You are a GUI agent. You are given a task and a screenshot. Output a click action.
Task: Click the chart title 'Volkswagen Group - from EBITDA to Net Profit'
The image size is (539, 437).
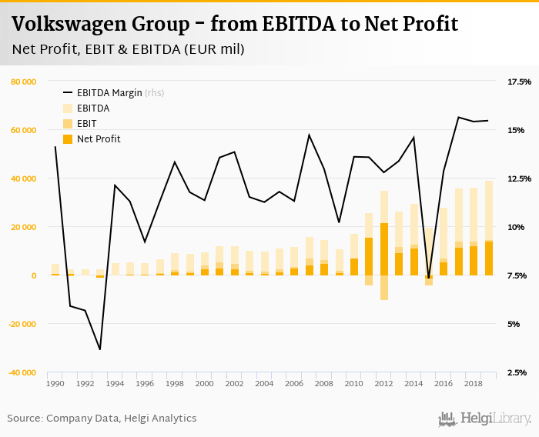pos(235,25)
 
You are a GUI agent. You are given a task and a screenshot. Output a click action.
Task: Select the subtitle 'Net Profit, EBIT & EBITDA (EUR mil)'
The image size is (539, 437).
pos(128,50)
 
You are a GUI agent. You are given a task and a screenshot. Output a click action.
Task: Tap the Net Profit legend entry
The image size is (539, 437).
pos(98,139)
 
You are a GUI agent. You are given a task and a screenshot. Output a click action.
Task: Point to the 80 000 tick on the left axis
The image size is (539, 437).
pos(24,82)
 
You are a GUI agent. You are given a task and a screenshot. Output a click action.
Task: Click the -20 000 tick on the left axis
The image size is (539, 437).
pos(22,324)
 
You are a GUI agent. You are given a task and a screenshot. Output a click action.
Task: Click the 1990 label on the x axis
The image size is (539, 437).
pos(55,383)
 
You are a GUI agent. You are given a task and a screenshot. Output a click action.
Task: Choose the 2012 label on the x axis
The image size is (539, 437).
pos(384,383)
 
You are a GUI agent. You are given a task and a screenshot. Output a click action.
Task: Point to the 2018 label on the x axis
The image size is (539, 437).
pos(474,383)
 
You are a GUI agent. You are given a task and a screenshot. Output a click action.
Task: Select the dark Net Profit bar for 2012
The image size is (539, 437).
pos(384,249)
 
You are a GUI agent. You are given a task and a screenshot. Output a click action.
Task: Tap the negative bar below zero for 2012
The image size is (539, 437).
pos(384,288)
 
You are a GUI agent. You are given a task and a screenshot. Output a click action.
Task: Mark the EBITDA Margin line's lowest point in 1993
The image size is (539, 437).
pos(100,349)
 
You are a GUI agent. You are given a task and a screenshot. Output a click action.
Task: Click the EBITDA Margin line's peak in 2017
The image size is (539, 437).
pos(459,117)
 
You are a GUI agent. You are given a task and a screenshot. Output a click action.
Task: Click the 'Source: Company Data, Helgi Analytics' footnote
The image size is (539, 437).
pos(102,419)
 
